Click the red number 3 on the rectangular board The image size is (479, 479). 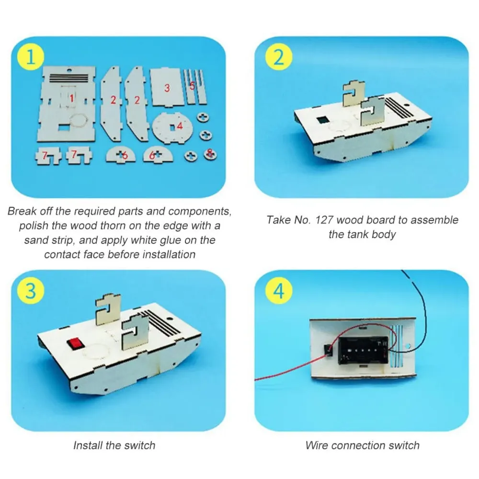point(167,88)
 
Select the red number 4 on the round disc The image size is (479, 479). point(180,126)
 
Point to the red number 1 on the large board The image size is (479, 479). point(71,98)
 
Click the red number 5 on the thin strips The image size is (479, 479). point(192,86)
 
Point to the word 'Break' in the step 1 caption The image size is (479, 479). point(23,211)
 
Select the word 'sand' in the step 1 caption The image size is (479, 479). point(36,240)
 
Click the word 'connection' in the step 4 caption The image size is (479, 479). point(359,445)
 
